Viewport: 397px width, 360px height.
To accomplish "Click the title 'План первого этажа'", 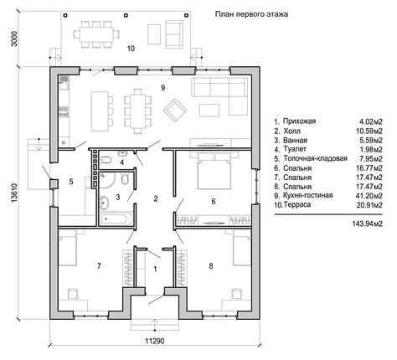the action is coord(251,14).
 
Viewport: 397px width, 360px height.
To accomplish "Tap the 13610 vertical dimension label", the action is coord(14,193).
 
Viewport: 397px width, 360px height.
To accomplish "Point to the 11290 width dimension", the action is coord(155,341).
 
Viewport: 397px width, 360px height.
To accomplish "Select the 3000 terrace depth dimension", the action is coord(14,39).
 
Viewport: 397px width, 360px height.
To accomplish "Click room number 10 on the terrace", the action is coord(131,49).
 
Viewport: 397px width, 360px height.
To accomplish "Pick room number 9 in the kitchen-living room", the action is coord(162,88).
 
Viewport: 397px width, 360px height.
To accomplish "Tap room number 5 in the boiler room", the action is coord(71,182).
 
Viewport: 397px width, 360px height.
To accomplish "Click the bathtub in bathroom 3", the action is coord(116,219).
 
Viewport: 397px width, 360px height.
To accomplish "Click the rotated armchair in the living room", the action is coord(175,110).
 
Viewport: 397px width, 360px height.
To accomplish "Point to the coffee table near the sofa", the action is coord(209,111).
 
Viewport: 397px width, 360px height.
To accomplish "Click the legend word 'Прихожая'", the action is coord(299,121).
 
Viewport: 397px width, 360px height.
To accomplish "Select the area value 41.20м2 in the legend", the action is coord(369,196).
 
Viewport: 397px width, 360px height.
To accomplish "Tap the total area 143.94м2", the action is coord(367,224).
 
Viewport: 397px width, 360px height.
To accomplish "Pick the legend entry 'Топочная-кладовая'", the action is coord(315,158).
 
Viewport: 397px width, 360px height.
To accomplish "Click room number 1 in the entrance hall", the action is coord(155,269).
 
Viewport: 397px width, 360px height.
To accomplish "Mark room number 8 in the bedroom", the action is coord(211,266).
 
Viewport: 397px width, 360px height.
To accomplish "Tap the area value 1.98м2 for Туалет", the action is coord(371,150).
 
